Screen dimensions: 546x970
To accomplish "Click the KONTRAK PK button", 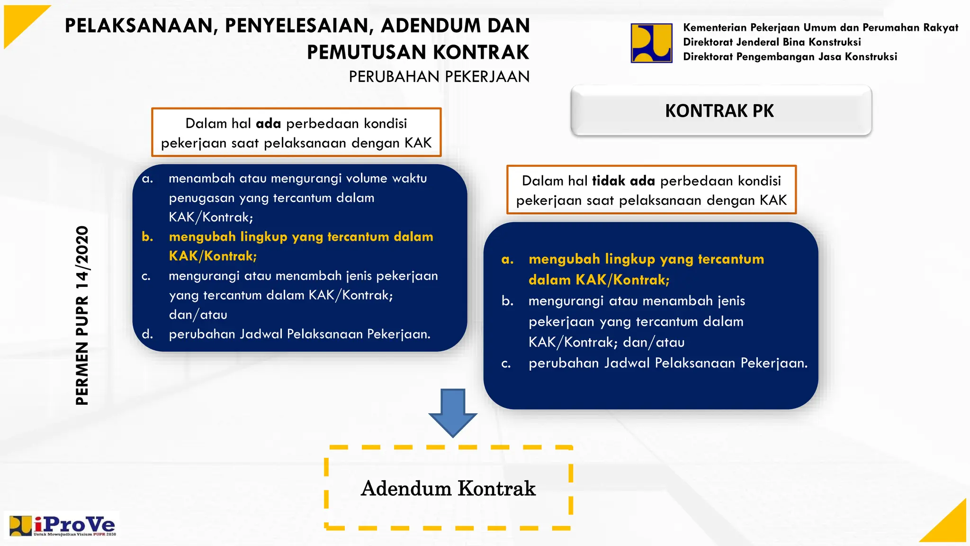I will point(720,111).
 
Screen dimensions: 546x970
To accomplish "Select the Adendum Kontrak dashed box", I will point(448,488).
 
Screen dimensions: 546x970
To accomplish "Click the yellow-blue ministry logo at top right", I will point(651,43).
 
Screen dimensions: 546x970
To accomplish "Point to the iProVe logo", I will point(63,525).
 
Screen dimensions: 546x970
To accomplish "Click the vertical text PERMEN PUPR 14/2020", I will point(82,315).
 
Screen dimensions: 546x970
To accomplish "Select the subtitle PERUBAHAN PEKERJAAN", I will point(439,77).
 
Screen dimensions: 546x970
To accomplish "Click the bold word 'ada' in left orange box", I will point(268,124).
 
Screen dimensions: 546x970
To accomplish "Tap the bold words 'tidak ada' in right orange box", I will point(623,181).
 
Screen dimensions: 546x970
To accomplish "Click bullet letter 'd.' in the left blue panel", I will point(147,334).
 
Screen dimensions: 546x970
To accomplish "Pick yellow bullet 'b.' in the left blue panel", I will point(147,237).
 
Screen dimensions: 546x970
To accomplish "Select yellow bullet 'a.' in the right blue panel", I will point(507,259).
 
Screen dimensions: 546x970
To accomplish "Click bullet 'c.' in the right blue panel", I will point(506,364).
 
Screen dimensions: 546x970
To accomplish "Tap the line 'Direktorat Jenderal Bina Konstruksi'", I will point(772,42).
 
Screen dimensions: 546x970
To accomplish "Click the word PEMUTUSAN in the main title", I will point(367,52).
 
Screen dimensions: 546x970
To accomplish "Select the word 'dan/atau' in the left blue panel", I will point(198,315).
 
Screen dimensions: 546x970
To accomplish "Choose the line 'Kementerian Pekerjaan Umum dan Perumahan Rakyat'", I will point(820,27).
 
